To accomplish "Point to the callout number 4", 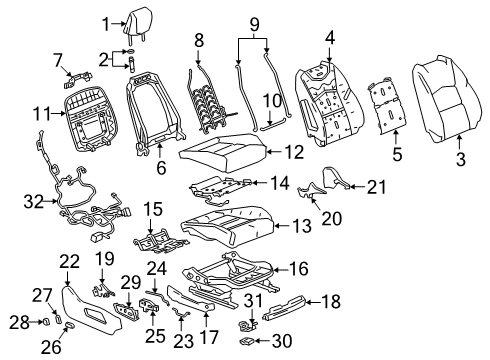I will [x=330, y=39].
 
